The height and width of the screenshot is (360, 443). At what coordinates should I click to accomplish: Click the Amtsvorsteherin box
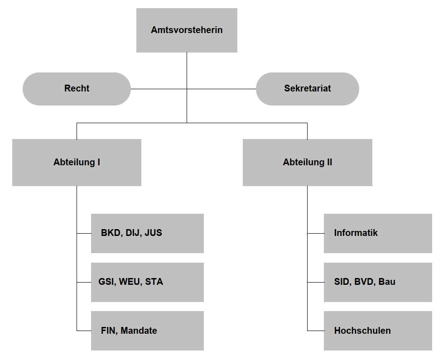pyautogui.click(x=187, y=30)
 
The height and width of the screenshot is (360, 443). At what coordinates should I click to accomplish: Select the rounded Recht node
pyautogui.click(x=77, y=89)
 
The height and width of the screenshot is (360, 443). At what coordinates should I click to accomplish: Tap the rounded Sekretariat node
pyautogui.click(x=307, y=89)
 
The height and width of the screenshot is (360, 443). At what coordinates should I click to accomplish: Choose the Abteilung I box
pyautogui.click(x=77, y=162)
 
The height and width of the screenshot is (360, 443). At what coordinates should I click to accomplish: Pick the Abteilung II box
pyautogui.click(x=307, y=162)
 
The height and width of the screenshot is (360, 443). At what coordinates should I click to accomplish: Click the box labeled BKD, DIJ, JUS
pyautogui.click(x=147, y=233)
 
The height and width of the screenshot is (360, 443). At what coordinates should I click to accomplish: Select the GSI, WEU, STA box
pyautogui.click(x=147, y=282)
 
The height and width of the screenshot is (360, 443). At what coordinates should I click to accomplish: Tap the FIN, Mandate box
pyautogui.click(x=147, y=331)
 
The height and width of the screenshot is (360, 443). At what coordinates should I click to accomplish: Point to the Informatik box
pyautogui.click(x=378, y=233)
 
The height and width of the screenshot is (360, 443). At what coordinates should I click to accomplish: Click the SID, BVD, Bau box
pyautogui.click(x=378, y=282)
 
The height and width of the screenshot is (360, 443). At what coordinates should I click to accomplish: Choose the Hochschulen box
pyautogui.click(x=378, y=331)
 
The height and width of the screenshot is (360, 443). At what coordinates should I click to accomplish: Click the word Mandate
pyautogui.click(x=139, y=331)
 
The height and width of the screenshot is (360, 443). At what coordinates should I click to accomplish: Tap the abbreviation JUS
pyautogui.click(x=153, y=233)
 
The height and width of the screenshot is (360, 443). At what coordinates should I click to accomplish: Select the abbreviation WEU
pyautogui.click(x=130, y=282)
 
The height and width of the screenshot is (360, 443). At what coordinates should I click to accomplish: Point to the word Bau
pyautogui.click(x=387, y=282)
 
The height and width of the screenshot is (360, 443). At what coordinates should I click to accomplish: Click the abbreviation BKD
pyautogui.click(x=111, y=233)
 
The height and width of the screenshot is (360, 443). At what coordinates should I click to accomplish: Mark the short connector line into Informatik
pyautogui.click(x=316, y=233)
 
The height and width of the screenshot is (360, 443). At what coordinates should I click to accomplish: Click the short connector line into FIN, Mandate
pyautogui.click(x=84, y=331)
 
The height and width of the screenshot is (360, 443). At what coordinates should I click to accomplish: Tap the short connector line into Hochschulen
pyautogui.click(x=316, y=331)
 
